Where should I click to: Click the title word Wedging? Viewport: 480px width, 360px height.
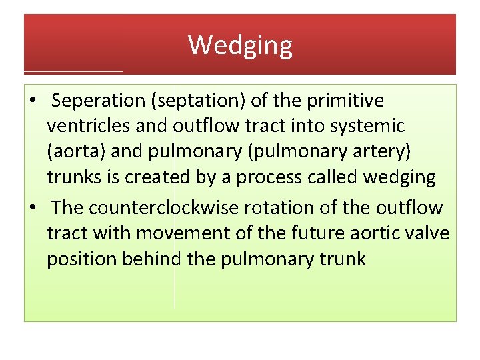240,45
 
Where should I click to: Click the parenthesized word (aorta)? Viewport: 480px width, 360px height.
76,151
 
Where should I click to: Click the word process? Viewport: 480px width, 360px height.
293,177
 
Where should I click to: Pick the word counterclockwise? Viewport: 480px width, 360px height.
162,208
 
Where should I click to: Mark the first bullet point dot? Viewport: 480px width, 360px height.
32,101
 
